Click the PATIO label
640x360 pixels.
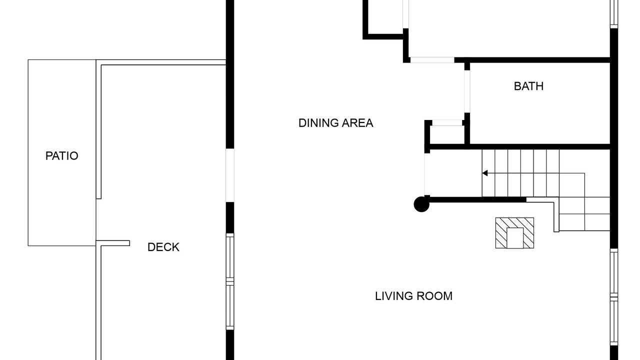point(61,156)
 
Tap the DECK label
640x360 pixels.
point(163,247)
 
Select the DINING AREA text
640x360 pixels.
point(335,123)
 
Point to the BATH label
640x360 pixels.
point(528,86)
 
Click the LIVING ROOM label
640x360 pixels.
point(413,296)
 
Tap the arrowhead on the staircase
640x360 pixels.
point(485,173)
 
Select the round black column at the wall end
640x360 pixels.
point(421,204)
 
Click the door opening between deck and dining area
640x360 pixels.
point(230,175)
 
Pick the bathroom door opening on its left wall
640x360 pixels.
point(467,91)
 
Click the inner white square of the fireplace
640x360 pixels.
point(515,238)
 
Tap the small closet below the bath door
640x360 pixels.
point(447,134)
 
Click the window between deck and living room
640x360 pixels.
point(230,281)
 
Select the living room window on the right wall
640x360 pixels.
point(614,297)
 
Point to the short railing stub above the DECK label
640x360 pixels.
point(113,243)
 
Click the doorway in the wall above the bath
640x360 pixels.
point(432,60)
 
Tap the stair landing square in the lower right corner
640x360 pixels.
point(597,222)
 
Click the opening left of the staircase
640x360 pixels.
point(427,174)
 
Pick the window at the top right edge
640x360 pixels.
point(614,13)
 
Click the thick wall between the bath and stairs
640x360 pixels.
point(520,147)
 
